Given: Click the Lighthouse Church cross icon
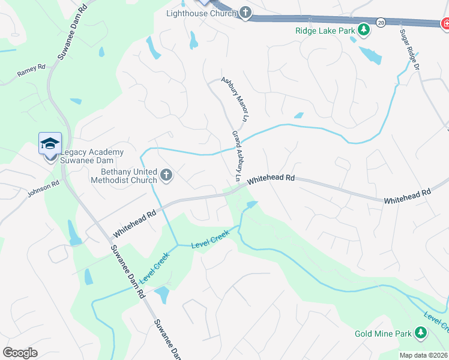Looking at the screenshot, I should [246, 13].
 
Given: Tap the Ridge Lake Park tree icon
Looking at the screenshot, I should [363, 29].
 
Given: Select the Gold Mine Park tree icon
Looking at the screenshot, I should [421, 332].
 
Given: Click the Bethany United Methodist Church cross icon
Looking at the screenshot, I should [166, 176].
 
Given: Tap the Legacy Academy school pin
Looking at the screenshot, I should [50, 145].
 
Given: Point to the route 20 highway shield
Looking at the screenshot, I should [381, 22].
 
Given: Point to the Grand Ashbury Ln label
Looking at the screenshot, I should [237, 156].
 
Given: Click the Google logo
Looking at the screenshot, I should [20, 353].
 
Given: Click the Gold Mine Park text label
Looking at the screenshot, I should [382, 333].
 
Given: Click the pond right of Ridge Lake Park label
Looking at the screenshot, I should [370, 55].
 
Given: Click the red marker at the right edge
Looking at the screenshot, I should [445, 24].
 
